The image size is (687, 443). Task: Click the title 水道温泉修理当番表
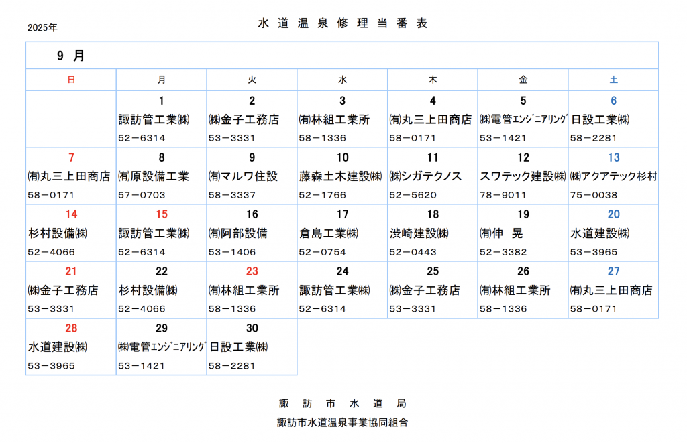343,23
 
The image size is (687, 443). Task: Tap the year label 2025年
42,27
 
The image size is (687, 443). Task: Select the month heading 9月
70,56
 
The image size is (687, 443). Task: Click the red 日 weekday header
71,80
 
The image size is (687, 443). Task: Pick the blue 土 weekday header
613,80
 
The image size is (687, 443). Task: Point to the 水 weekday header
342,80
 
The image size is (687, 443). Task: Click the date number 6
613,101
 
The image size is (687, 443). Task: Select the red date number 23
252,271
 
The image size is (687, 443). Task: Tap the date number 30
252,328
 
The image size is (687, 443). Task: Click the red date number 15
162,214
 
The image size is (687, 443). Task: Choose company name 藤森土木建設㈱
340,176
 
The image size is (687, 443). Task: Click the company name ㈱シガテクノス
425,176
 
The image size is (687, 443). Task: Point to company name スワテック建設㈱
523,176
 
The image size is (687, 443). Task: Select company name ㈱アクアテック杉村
613,176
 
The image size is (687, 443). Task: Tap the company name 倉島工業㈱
329,233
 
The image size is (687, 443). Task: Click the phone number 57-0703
142,195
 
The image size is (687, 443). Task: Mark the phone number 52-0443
413,252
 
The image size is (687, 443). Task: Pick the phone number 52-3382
503,252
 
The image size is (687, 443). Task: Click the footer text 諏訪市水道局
343,403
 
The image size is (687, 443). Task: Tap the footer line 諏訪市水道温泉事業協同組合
343,422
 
